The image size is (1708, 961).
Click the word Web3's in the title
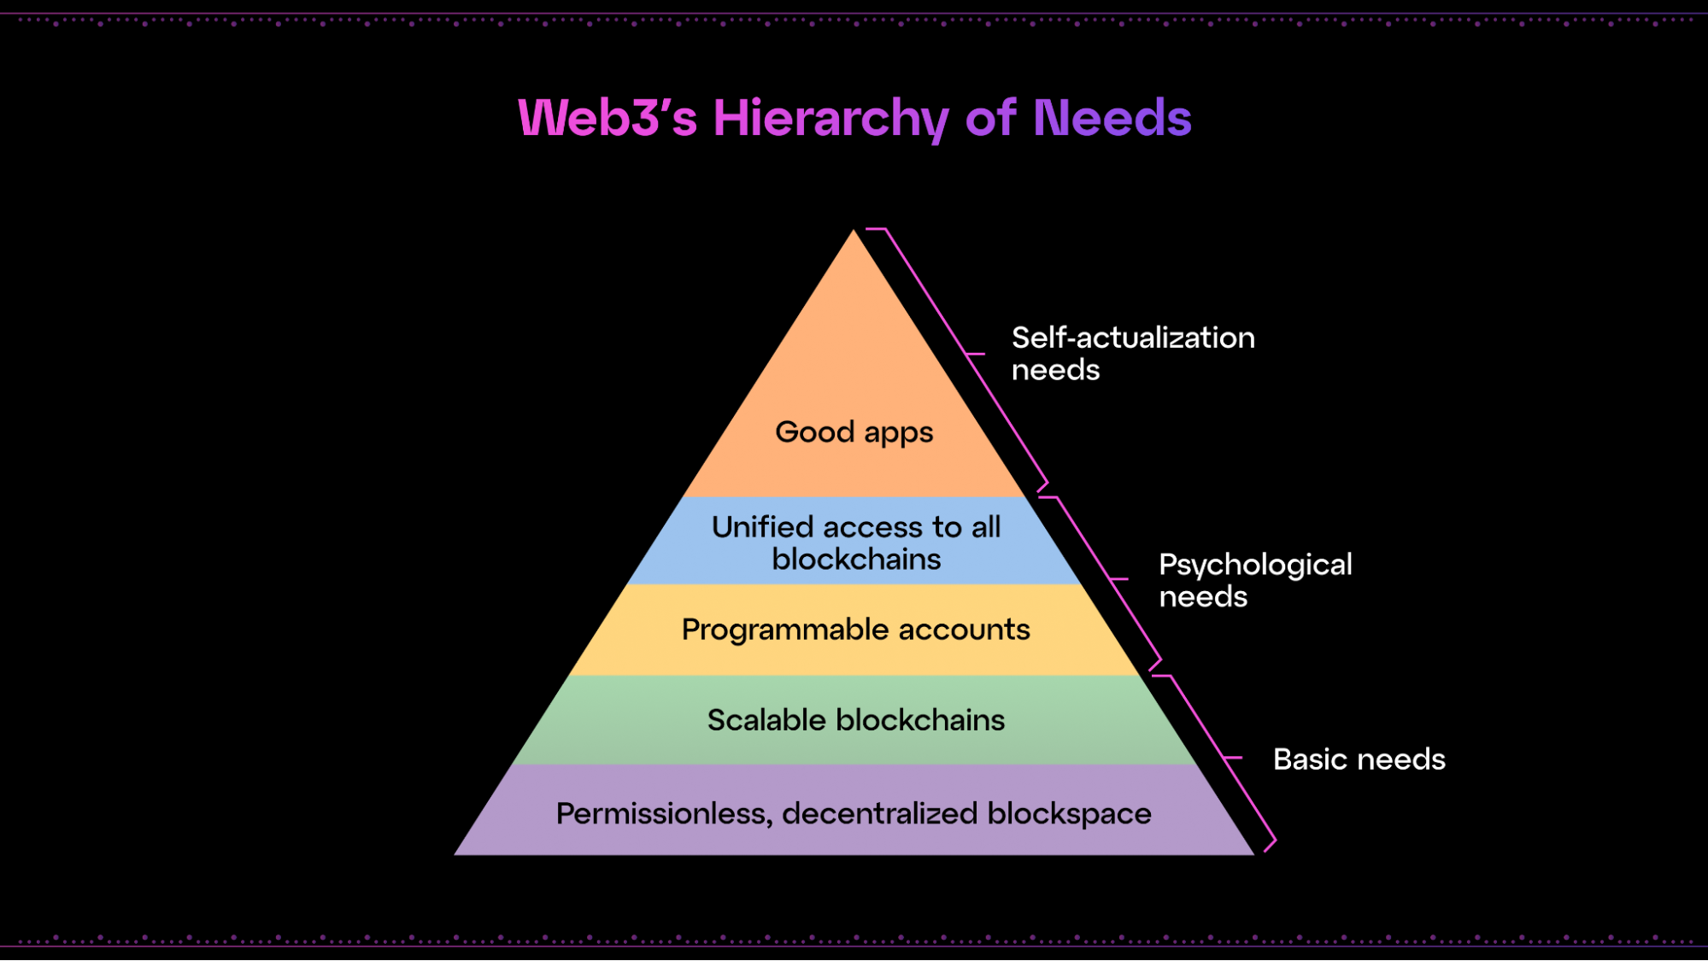tap(607, 118)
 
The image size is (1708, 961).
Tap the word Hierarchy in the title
tap(831, 118)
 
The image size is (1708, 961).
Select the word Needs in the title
tap(1112, 118)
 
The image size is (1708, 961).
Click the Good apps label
tap(854, 432)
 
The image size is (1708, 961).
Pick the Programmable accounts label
tap(855, 630)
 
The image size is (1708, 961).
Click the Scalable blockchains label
tap(855, 720)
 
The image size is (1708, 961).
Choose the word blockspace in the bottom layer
tap(1069, 814)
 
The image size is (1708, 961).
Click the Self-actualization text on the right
tap(1133, 337)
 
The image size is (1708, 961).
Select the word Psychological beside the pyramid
tap(1255, 565)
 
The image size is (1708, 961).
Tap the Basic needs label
tap(1359, 759)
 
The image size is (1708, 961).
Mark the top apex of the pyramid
tap(854, 231)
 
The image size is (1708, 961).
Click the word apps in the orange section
tap(898, 433)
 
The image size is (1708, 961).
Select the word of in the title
tap(990, 118)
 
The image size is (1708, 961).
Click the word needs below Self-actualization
tap(1055, 370)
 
